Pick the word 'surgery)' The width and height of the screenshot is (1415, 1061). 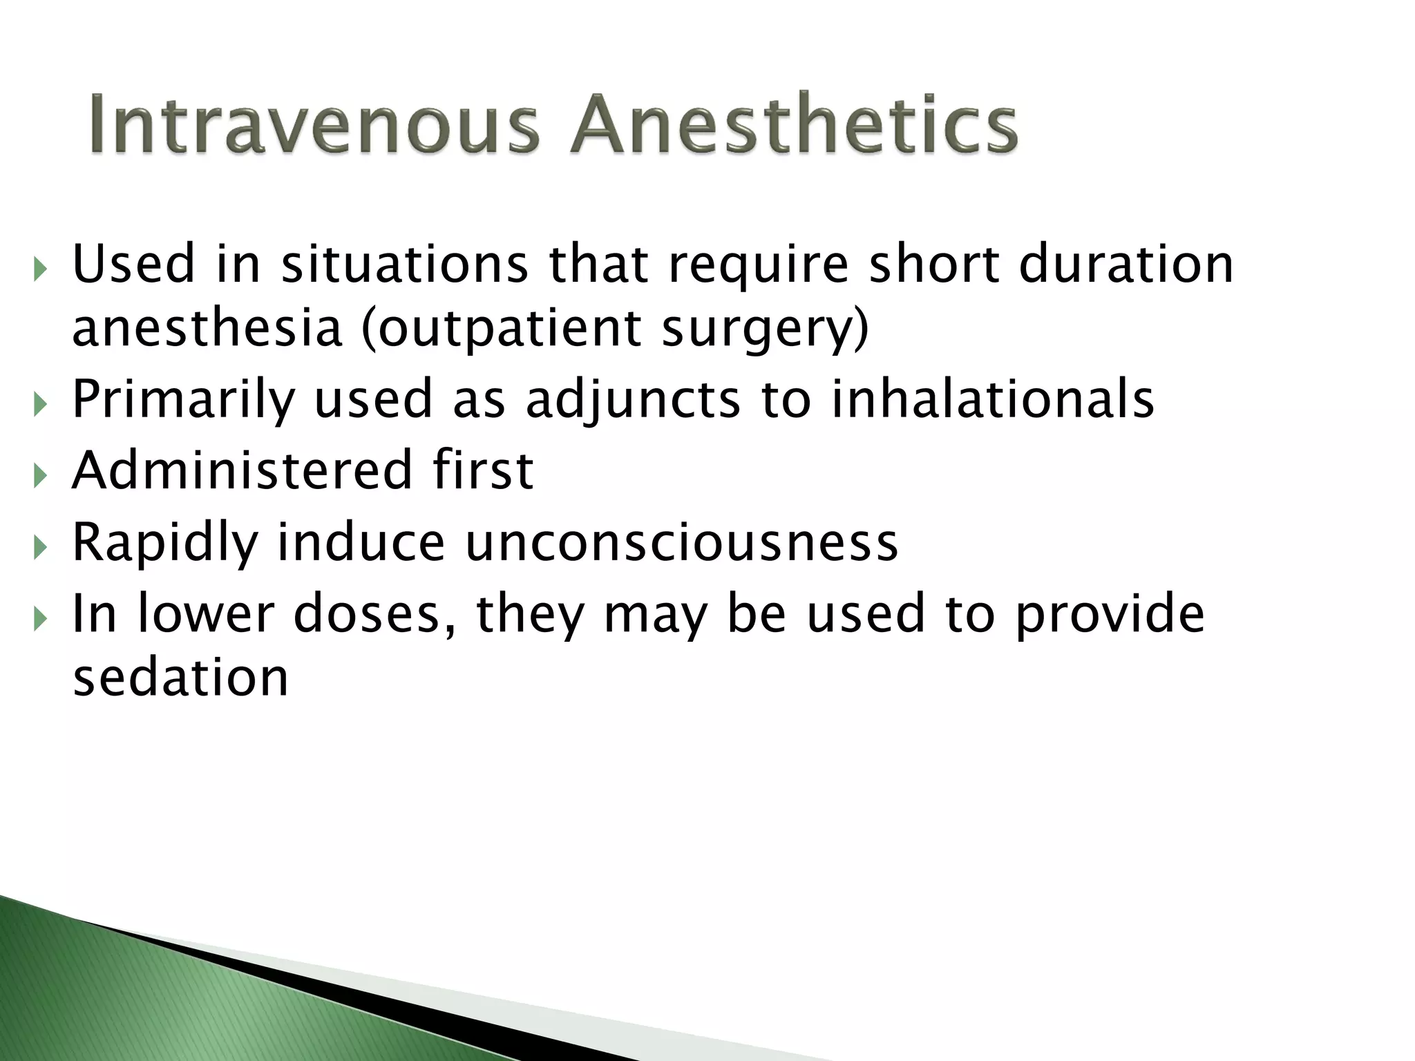click(764, 330)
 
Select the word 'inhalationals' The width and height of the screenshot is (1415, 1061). click(992, 399)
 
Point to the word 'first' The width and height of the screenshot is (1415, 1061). click(483, 470)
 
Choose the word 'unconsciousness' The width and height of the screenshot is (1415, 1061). click(681, 542)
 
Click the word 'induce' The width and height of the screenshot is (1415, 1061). click(361, 542)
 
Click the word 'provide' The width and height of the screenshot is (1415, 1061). click(1110, 615)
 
